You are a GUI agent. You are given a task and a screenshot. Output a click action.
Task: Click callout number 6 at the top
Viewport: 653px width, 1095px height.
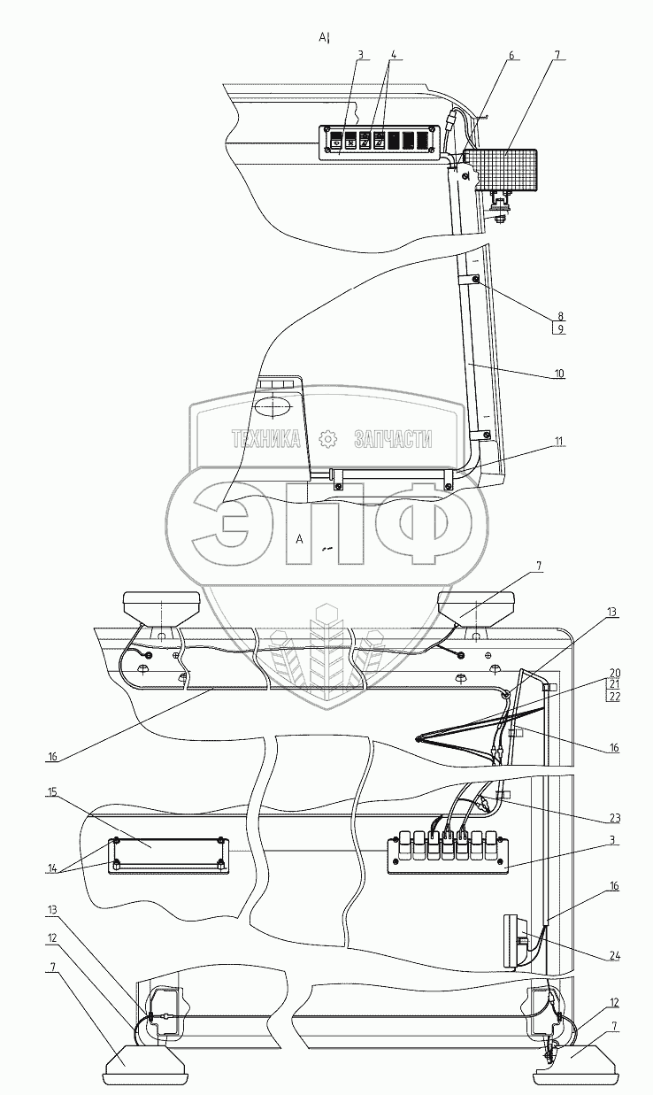click(511, 56)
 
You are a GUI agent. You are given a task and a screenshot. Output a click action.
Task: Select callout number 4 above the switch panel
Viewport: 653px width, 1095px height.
click(392, 55)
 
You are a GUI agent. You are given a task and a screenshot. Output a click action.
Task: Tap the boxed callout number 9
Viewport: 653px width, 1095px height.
click(560, 329)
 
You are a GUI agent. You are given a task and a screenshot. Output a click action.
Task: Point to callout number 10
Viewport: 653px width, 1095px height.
click(559, 374)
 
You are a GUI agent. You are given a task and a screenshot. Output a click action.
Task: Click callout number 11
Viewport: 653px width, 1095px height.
click(558, 442)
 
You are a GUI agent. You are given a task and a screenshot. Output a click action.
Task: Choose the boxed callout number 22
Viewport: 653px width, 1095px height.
click(614, 697)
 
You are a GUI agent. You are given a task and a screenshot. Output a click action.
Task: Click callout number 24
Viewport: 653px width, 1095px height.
click(614, 957)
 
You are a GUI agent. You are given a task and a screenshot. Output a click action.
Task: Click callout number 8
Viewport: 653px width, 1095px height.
click(560, 316)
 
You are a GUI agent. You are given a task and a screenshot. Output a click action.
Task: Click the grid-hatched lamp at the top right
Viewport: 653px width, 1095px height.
click(501, 170)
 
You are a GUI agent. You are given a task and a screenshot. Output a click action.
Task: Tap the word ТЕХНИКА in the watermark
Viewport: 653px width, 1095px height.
click(266, 439)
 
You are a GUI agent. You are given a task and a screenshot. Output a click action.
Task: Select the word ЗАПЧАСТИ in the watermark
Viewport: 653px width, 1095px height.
click(393, 439)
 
